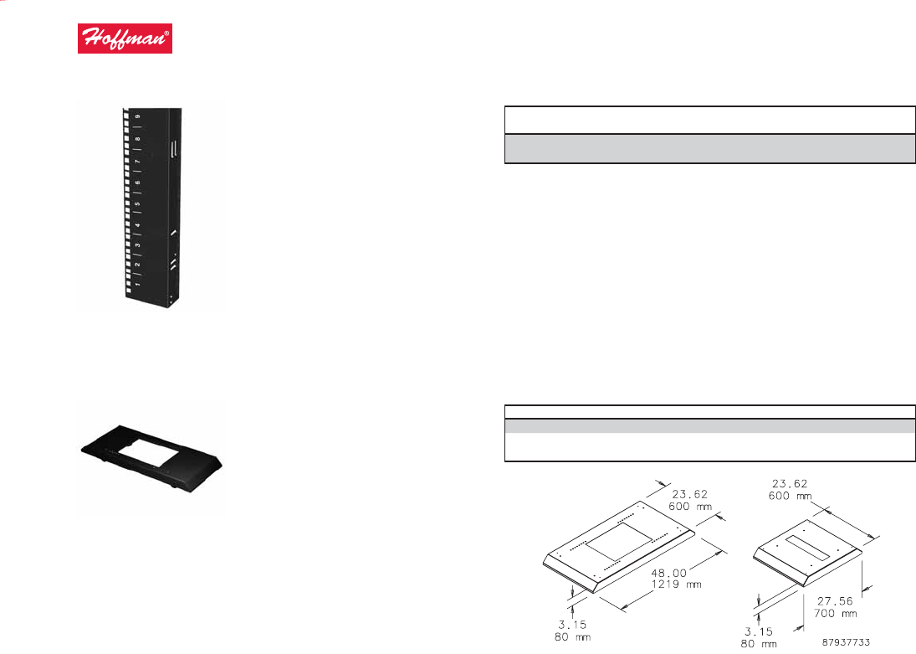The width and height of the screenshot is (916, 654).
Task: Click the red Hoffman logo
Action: pyautogui.click(x=125, y=39)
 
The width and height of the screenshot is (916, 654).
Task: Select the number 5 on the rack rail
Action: pyautogui.click(x=137, y=203)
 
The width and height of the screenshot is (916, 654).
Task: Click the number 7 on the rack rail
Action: pyautogui.click(x=137, y=160)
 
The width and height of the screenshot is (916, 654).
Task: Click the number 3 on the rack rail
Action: pyautogui.click(x=137, y=245)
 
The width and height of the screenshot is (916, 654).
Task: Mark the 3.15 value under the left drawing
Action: pyautogui.click(x=571, y=625)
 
